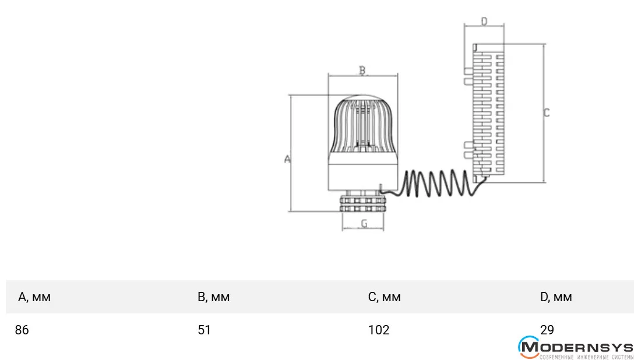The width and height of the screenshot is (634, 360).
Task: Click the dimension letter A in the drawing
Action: [287, 158]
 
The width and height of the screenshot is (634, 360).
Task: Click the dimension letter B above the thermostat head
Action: [362, 70]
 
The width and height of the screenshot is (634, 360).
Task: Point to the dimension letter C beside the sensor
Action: [546, 113]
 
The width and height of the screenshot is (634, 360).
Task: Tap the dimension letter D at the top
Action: [484, 22]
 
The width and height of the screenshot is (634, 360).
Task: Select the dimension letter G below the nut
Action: [364, 224]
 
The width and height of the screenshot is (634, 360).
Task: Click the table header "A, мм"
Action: [34, 297]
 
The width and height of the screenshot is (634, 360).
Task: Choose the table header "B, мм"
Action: [213, 297]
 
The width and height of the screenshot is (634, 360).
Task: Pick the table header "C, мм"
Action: [384, 297]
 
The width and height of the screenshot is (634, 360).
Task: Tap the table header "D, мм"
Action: [556, 297]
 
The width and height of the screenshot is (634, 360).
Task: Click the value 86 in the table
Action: [22, 330]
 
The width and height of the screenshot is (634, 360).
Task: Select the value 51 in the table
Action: [204, 330]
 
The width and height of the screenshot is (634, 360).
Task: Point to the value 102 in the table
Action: [379, 330]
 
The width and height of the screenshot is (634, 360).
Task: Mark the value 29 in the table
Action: [547, 330]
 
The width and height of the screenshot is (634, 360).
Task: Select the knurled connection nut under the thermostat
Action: [363, 203]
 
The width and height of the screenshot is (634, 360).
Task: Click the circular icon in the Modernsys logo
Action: [529, 347]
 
